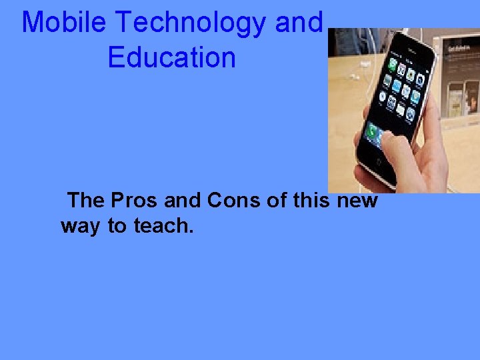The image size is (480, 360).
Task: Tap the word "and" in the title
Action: pyautogui.click(x=299, y=23)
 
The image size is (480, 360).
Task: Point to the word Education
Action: pyautogui.click(x=171, y=57)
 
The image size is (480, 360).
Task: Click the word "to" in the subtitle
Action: pyautogui.click(x=117, y=226)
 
